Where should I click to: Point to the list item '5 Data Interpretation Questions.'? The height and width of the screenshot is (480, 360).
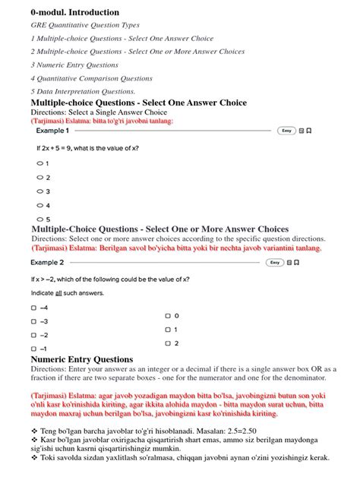(x=83, y=91)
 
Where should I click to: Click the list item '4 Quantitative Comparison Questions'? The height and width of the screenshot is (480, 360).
(x=91, y=77)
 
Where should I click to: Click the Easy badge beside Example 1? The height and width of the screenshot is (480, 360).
(x=286, y=131)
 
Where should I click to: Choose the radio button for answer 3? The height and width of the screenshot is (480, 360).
(x=39, y=191)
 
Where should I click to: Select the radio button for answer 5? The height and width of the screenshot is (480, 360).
(x=39, y=219)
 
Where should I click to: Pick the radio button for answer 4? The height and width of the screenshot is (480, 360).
(x=39, y=205)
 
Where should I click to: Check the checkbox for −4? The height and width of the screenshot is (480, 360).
(x=34, y=308)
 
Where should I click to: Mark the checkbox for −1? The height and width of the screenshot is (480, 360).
(x=34, y=348)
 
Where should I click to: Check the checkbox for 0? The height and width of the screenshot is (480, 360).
(x=168, y=315)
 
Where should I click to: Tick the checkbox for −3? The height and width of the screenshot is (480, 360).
(x=34, y=321)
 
